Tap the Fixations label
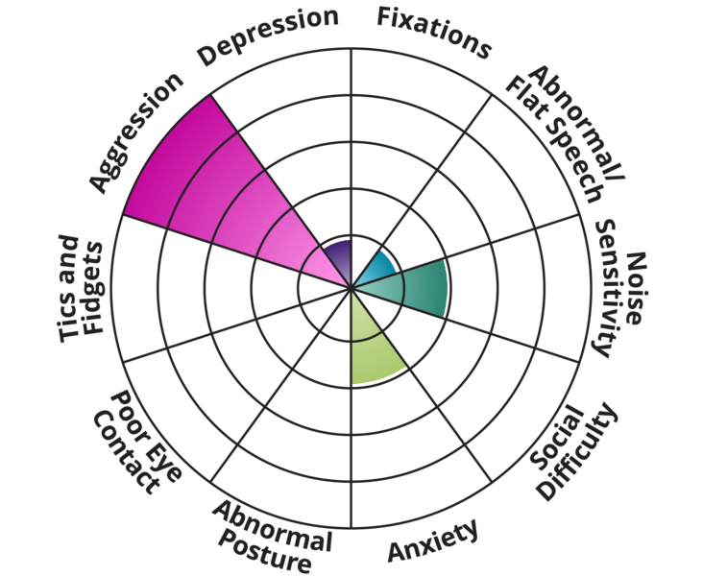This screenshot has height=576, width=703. [x=433, y=31]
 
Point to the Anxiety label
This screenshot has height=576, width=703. [x=431, y=543]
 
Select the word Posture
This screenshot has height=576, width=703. [x=264, y=551]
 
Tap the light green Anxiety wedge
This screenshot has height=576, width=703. [x=371, y=346]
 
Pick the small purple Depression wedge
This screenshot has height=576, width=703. [x=338, y=253]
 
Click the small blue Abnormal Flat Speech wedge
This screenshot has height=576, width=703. [x=376, y=263]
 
